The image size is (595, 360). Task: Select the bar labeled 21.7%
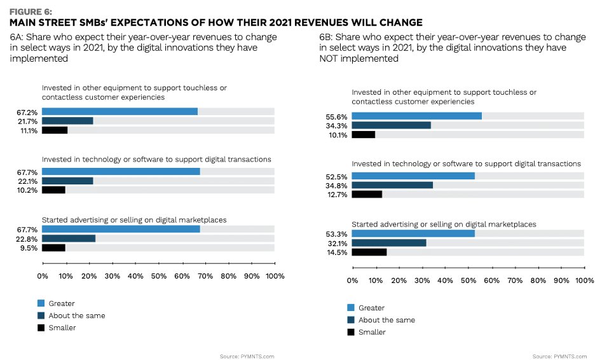click(67, 121)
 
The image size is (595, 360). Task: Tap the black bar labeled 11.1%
click(55, 130)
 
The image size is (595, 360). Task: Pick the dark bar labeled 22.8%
click(69, 239)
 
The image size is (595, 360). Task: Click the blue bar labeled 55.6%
click(416, 116)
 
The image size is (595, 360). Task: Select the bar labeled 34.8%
click(392, 185)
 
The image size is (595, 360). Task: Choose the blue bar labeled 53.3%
click(413, 233)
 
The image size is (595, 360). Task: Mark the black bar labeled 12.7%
click(367, 195)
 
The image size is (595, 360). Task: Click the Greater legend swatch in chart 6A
click(41, 303)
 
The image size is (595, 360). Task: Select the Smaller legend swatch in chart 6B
click(351, 332)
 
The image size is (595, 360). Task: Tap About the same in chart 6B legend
click(386, 320)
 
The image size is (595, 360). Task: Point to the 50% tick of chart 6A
click(158, 276)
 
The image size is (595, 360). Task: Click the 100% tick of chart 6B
click(584, 280)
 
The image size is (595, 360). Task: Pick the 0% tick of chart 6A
click(43, 276)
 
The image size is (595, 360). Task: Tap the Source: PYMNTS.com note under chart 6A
click(247, 356)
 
